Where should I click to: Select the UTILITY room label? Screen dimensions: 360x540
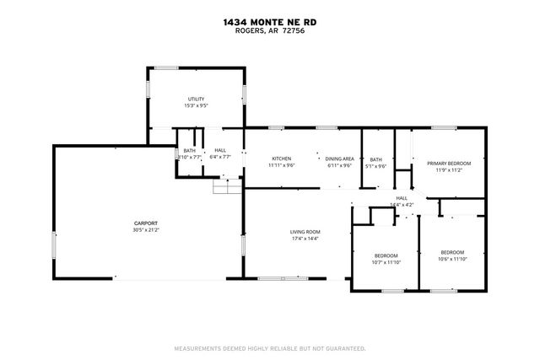click(x=196, y=99)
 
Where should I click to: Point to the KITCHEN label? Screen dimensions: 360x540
click(x=281, y=159)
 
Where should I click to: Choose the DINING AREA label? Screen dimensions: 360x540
click(x=339, y=159)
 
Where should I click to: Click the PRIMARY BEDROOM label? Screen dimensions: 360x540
click(x=448, y=163)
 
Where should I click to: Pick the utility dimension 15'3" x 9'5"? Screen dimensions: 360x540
click(x=196, y=106)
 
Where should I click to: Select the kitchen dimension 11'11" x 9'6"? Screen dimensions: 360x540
click(x=281, y=165)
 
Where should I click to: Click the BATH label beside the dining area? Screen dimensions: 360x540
click(x=375, y=159)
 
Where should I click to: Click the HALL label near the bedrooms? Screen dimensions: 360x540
click(x=402, y=198)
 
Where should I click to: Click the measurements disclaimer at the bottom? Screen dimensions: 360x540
click(x=269, y=347)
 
